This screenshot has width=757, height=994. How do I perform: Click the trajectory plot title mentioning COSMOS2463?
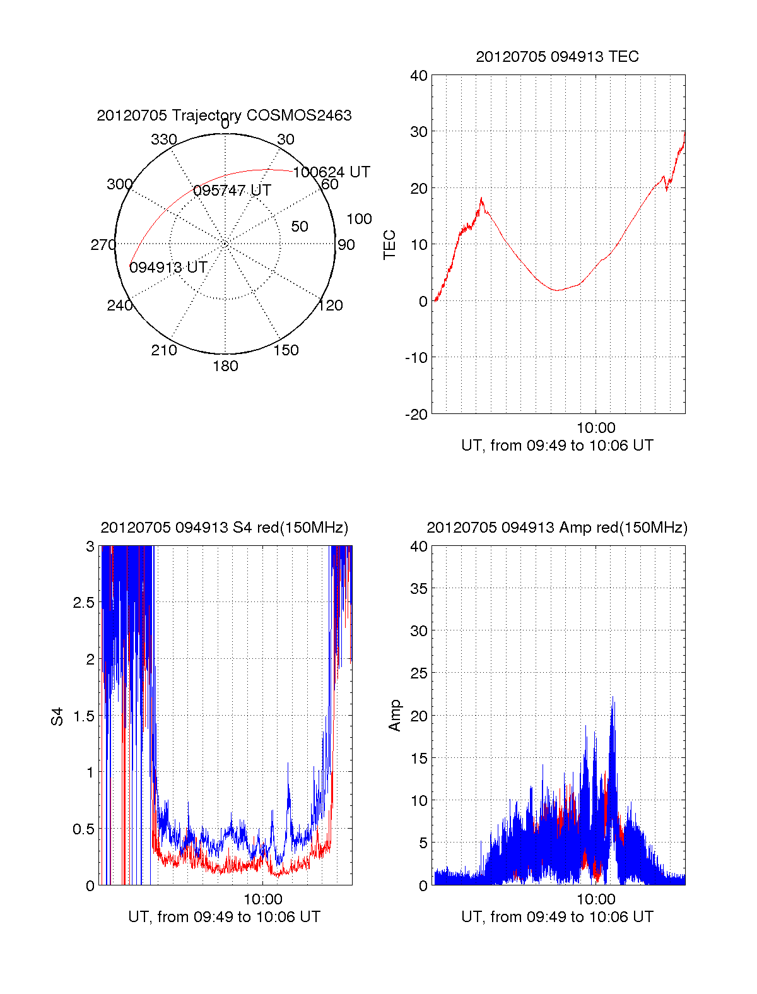[x=224, y=115]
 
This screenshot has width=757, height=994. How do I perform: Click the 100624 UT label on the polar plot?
[x=332, y=172]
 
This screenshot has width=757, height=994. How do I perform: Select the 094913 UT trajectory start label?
[x=168, y=268]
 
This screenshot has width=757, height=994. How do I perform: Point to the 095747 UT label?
[x=232, y=191]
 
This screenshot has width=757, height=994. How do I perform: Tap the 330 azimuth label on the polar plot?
[x=163, y=139]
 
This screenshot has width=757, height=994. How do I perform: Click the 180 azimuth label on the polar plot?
[x=225, y=366]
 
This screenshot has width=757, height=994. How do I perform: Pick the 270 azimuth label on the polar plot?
[x=103, y=245]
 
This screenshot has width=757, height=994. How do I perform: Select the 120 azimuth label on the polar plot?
[x=331, y=305]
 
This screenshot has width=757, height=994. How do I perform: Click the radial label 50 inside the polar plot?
[x=300, y=227]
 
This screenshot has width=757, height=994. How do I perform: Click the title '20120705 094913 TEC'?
[x=557, y=57]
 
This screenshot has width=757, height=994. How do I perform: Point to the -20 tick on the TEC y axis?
[x=416, y=414]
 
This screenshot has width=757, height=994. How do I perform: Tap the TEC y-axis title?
[x=390, y=245]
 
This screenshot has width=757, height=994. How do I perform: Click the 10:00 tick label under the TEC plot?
[x=596, y=429]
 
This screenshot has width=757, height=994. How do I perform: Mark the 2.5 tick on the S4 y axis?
[x=84, y=603]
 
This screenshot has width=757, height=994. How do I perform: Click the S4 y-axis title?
[x=57, y=716]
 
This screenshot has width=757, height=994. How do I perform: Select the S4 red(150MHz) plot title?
[x=224, y=528]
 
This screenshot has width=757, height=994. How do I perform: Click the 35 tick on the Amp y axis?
[x=419, y=589]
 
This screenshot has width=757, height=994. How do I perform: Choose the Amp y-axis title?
[x=395, y=715]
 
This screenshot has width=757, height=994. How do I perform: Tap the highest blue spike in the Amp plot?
[x=613, y=698]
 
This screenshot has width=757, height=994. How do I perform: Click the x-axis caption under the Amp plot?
[x=557, y=917]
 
